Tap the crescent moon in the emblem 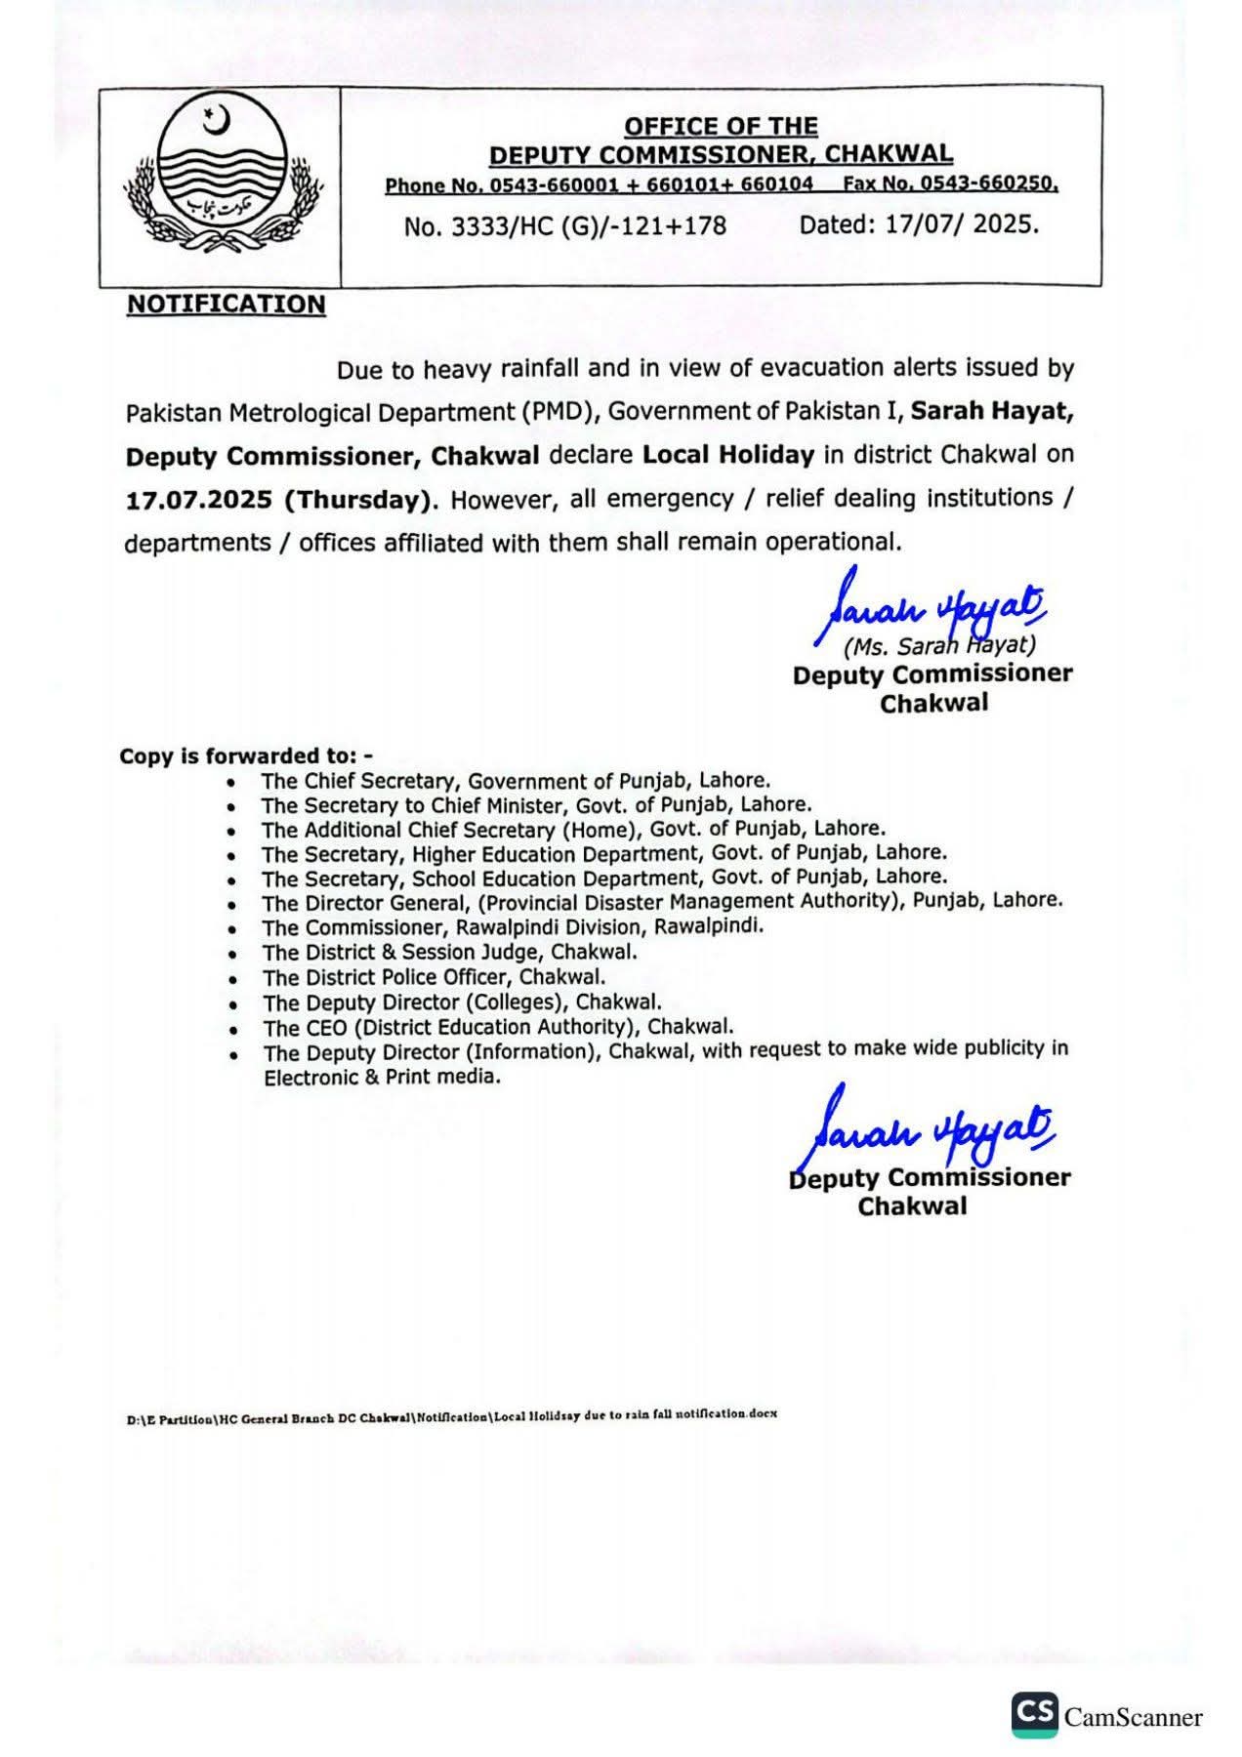click(x=217, y=122)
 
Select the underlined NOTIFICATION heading click(x=227, y=305)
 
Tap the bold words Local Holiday click(x=727, y=454)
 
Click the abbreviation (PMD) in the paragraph click(x=559, y=412)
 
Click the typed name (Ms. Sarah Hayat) click(x=939, y=645)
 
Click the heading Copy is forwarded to click(x=245, y=756)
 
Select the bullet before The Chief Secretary click(x=230, y=783)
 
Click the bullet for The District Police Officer click(x=231, y=979)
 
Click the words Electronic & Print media click(x=382, y=1078)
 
